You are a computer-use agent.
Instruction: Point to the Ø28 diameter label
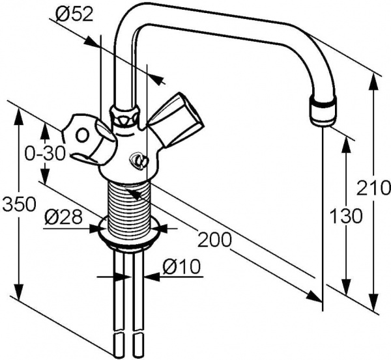[x=63, y=217]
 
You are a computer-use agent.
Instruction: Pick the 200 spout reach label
[x=214, y=240]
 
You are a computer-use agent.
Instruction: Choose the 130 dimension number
[x=346, y=216]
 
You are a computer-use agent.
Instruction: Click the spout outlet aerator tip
[x=323, y=113]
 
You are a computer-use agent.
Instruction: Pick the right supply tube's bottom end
[x=138, y=344]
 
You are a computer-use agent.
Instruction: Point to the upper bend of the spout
[x=134, y=16]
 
